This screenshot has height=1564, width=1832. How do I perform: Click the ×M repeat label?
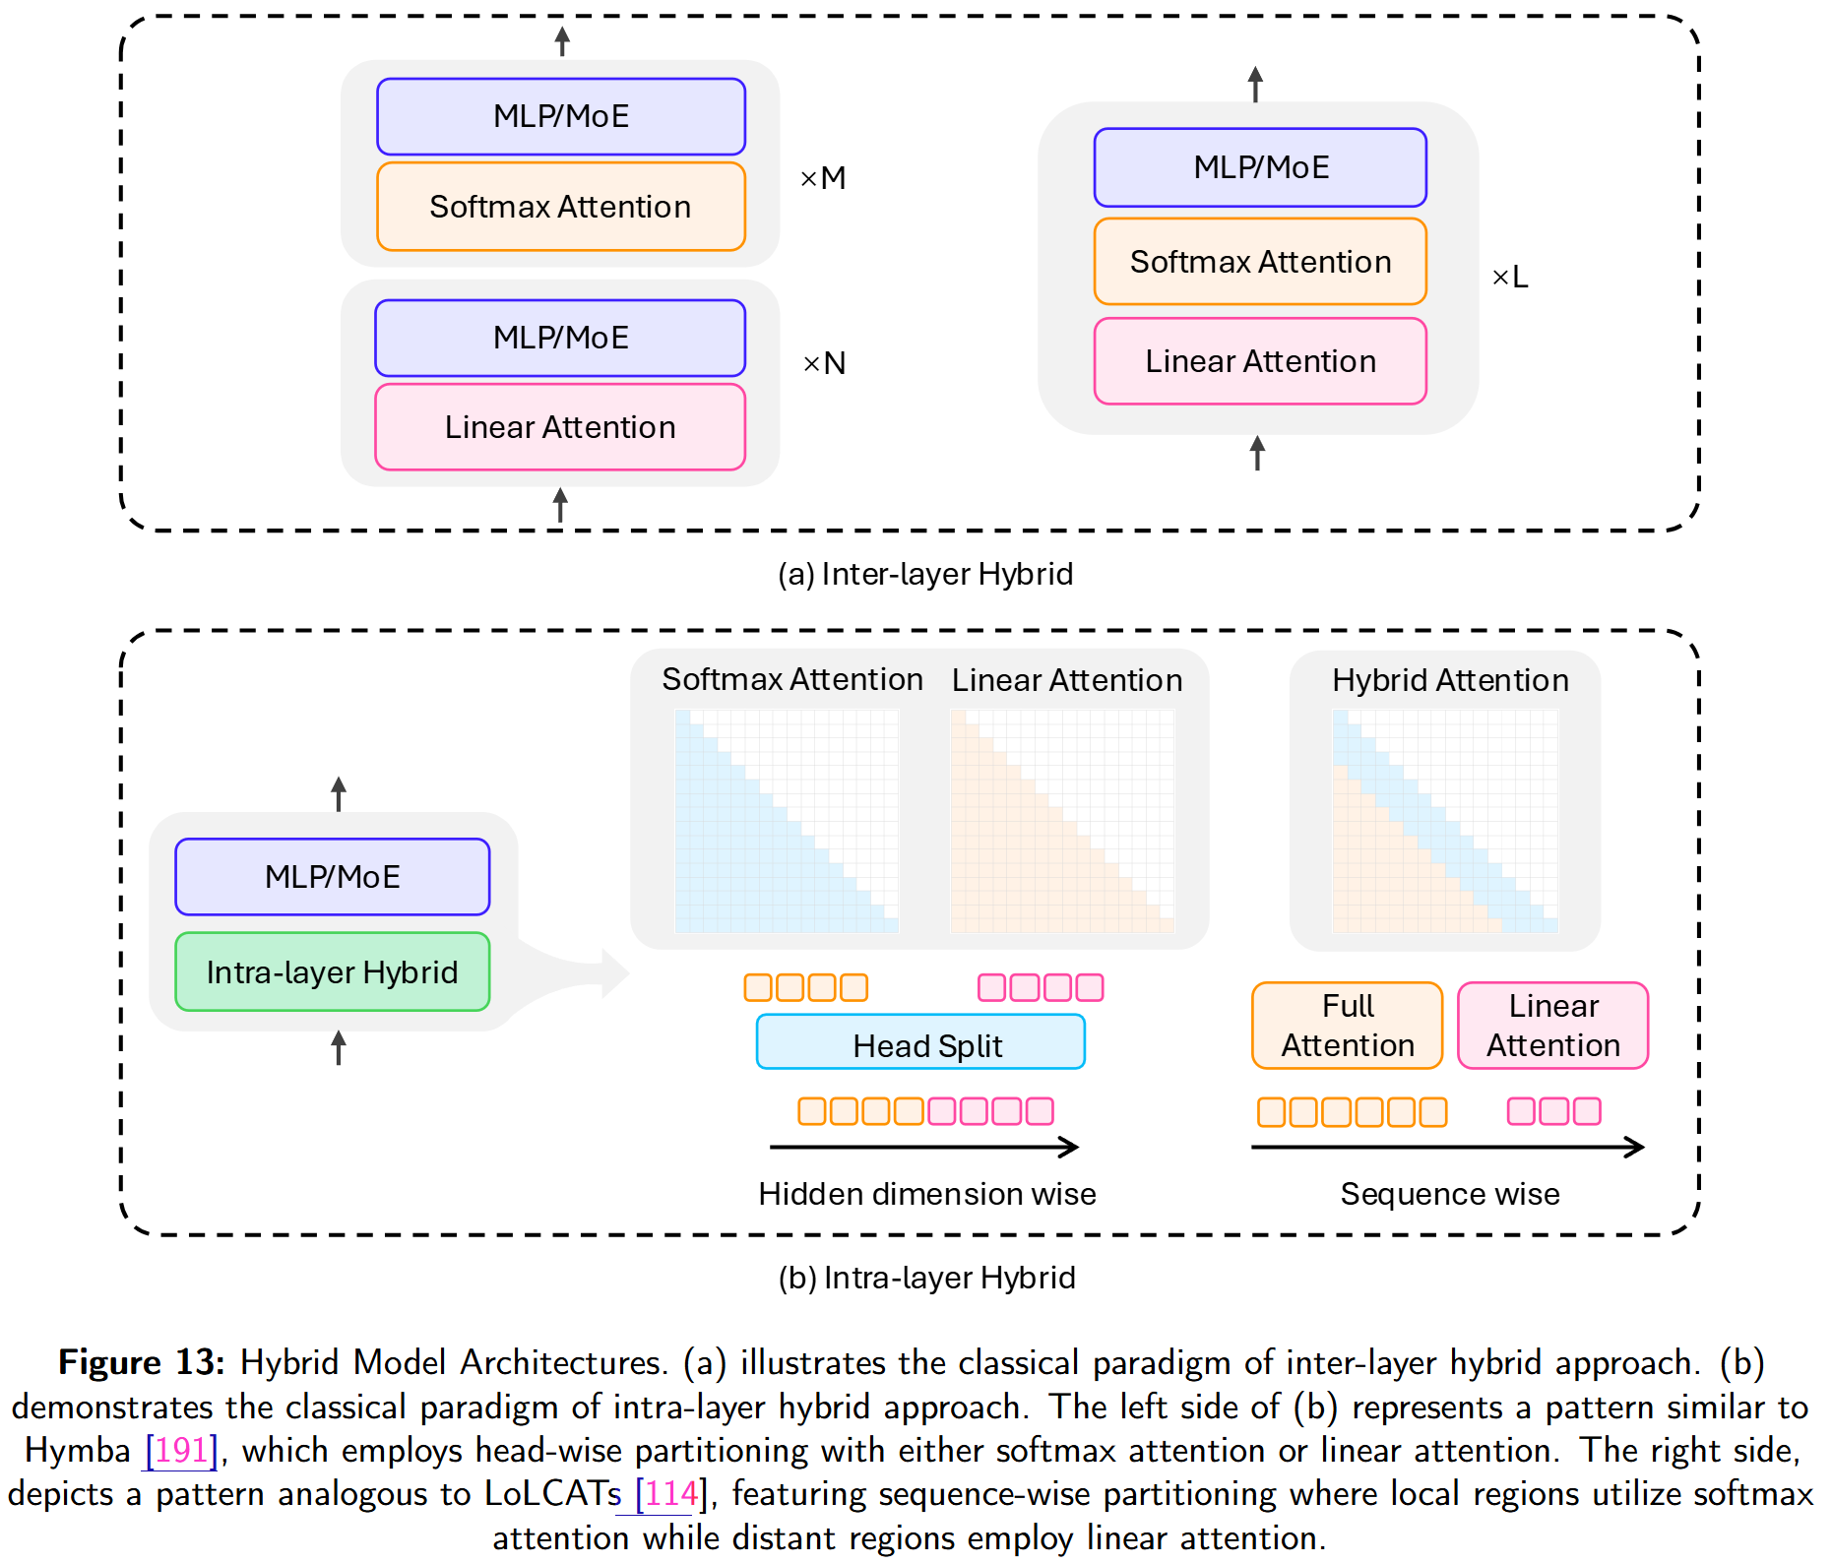[823, 178]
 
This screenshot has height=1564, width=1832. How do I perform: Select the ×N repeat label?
[824, 364]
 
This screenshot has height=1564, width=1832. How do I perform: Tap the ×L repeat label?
[1510, 278]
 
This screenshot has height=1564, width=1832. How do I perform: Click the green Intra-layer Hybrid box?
[333, 972]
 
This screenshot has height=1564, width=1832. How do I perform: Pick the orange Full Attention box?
[1347, 1026]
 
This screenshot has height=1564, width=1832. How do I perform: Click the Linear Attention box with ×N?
[560, 427]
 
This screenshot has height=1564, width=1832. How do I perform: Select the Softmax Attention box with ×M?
[560, 207]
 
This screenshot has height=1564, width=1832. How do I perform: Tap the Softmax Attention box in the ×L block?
[1260, 262]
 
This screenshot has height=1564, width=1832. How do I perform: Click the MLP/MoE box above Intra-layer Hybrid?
[333, 877]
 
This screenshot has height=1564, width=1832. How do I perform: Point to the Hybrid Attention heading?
[1450, 680]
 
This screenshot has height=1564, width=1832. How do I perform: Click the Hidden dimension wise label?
[926, 1194]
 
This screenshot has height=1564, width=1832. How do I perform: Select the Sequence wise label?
[1450, 1194]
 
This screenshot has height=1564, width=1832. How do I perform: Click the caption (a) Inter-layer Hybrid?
[925, 574]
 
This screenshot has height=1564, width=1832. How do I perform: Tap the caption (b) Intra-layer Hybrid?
[926, 1278]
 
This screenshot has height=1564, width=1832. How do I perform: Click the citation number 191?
[181, 1450]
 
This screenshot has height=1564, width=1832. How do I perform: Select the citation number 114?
[671, 1494]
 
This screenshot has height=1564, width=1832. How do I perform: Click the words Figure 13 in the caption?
[141, 1362]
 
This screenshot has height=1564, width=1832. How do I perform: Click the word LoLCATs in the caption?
[552, 1494]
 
